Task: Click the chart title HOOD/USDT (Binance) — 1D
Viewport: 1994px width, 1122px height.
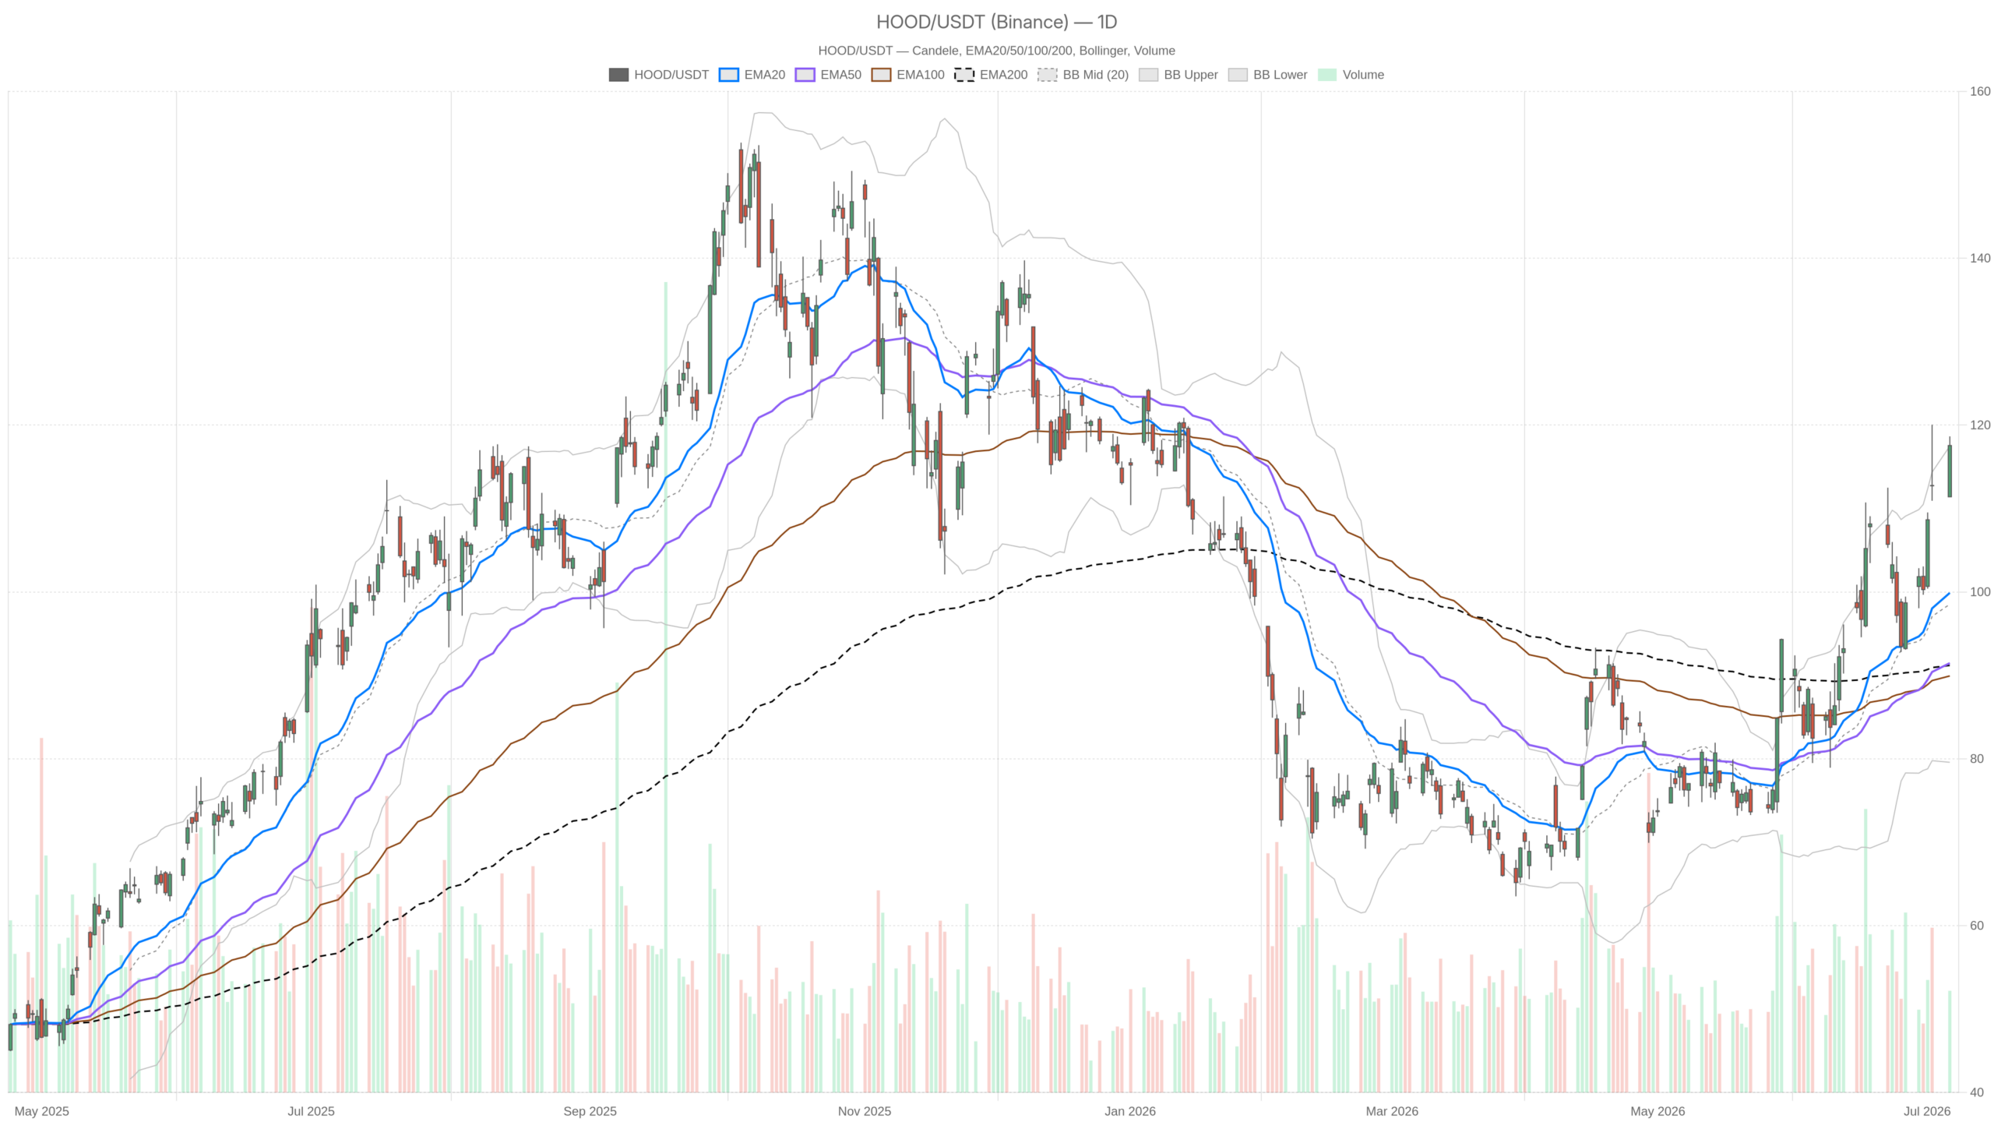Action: click(996, 22)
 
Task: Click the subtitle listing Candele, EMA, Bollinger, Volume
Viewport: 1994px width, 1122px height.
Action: click(996, 51)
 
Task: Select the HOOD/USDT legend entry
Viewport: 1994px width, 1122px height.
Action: click(658, 75)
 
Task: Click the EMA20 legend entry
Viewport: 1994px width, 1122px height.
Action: click(752, 75)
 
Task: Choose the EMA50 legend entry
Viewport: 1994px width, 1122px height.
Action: click(828, 75)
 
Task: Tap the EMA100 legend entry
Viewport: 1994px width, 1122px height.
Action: click(907, 75)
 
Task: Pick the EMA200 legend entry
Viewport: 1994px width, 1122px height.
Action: click(991, 75)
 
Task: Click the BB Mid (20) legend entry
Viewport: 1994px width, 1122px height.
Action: click(1083, 75)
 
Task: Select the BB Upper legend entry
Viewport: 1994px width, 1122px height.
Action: click(1178, 75)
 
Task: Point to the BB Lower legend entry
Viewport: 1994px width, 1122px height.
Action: click(1267, 75)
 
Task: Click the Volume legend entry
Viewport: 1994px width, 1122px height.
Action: click(1351, 75)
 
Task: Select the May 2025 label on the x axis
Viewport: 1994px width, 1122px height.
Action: click(42, 1111)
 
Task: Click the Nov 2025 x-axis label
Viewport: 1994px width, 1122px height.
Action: click(865, 1111)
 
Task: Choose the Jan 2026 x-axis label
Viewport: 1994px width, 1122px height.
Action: click(1130, 1111)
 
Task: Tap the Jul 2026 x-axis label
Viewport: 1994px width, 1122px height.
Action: click(1928, 1111)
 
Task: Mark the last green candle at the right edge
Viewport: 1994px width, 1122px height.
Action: click(1950, 471)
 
